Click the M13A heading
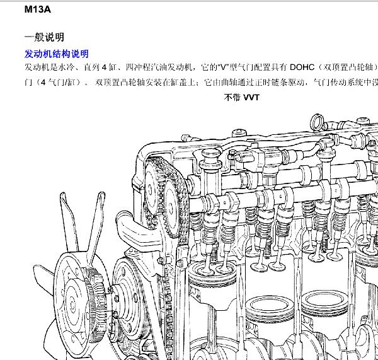(38, 9)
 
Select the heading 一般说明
(44, 37)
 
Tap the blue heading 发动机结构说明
(57, 54)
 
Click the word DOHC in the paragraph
(302, 67)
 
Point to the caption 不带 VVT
(242, 97)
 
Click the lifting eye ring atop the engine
(317, 122)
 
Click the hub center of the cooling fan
(72, 305)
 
